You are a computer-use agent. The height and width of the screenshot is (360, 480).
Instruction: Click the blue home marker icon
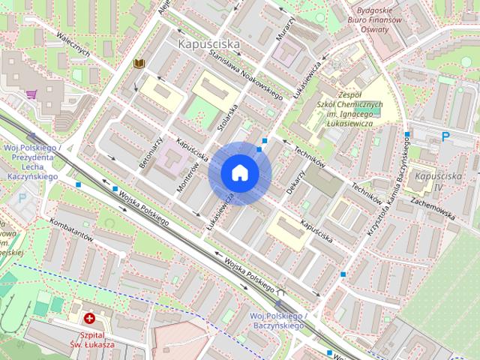[x=239, y=172]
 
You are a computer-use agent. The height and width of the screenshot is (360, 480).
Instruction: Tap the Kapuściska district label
[x=209, y=45]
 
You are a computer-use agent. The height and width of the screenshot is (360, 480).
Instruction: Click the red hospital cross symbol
[x=89, y=319]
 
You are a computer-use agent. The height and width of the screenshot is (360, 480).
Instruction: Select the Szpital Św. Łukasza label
[x=96, y=340]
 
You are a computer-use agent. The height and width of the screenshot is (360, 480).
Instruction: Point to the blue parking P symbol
[x=446, y=136]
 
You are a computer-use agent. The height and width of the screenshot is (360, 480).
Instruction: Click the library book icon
[x=139, y=64]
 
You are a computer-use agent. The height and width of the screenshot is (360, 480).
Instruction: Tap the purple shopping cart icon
[x=31, y=94]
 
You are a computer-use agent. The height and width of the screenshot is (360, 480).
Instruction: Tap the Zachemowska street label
[x=433, y=209]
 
